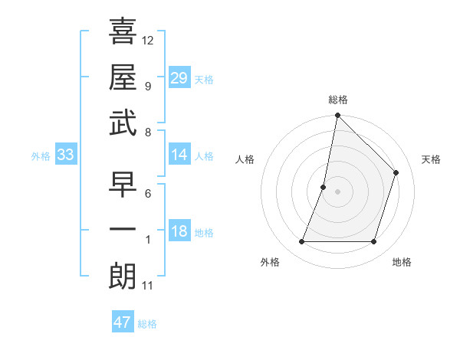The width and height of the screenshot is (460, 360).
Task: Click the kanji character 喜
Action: click(x=123, y=31)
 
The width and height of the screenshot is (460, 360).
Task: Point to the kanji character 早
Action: click(x=123, y=185)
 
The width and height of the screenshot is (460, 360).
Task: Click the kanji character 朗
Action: click(x=123, y=277)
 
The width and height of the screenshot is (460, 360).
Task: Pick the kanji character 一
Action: click(x=123, y=231)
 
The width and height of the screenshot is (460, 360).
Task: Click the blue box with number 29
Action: click(x=179, y=78)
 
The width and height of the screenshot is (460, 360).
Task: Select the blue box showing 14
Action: click(x=179, y=155)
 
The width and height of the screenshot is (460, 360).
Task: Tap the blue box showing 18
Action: click(x=179, y=232)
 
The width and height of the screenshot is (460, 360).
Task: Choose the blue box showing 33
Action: click(x=66, y=155)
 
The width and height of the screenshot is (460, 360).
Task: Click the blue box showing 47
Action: click(x=123, y=322)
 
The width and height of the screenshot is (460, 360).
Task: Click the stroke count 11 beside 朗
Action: click(x=147, y=286)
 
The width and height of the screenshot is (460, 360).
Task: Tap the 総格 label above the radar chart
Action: click(x=337, y=100)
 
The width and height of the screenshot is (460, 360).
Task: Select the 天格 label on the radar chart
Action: click(x=431, y=159)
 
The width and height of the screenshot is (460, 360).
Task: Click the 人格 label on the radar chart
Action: click(x=245, y=159)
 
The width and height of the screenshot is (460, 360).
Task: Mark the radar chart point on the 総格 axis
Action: click(x=337, y=116)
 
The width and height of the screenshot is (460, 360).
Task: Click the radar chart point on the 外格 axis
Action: click(x=302, y=242)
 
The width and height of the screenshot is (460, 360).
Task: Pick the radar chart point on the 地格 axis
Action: click(x=374, y=242)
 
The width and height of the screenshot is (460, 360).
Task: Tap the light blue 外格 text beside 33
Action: click(x=41, y=156)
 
